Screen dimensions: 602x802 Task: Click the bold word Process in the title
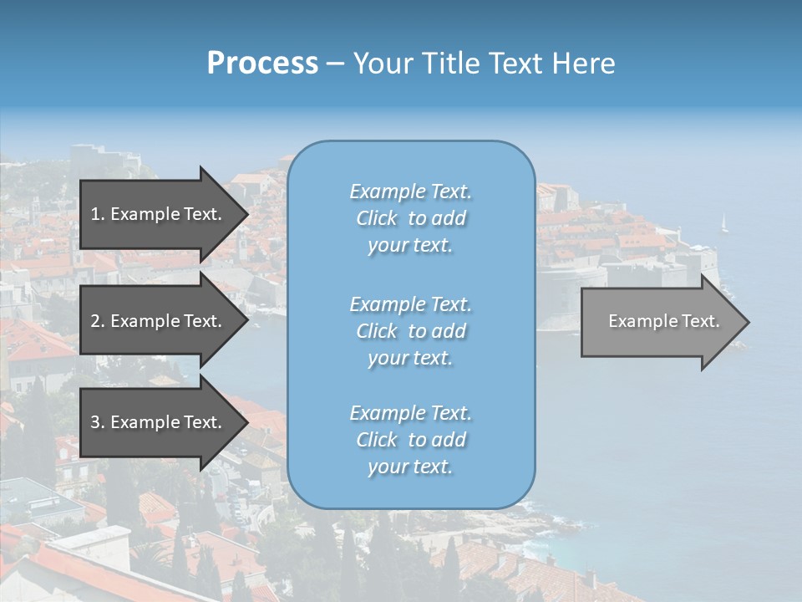pos(262,64)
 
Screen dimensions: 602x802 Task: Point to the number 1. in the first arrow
pos(98,214)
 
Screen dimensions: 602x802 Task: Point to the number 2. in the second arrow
pos(98,321)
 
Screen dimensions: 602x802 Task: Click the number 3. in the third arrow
pos(98,422)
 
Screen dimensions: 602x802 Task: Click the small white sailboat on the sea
pos(724,223)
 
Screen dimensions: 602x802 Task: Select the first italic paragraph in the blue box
pos(410,218)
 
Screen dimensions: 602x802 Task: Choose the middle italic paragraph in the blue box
pos(410,330)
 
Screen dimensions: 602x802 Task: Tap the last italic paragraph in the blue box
pos(410,440)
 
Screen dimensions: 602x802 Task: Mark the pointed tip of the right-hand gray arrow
pos(748,322)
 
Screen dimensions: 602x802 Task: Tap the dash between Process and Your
pos(335,64)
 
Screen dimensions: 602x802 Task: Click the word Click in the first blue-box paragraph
pos(377,218)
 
